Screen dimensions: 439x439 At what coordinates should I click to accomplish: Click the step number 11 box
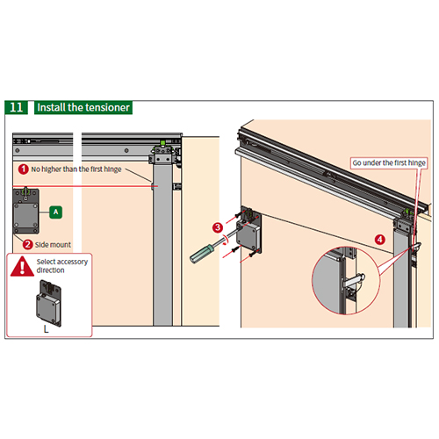(x=17, y=107)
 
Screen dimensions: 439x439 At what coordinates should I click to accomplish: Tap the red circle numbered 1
(x=24, y=169)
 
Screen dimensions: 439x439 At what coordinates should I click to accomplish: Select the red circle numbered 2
(x=28, y=244)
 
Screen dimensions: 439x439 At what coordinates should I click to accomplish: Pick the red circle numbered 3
(x=218, y=227)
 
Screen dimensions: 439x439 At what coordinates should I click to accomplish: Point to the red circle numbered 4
(x=380, y=240)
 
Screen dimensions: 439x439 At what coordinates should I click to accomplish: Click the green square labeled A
(x=56, y=212)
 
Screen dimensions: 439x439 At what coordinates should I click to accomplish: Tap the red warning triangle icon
(x=22, y=266)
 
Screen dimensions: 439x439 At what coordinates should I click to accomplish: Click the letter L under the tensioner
(x=46, y=329)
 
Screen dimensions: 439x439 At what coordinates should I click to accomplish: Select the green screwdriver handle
(x=202, y=254)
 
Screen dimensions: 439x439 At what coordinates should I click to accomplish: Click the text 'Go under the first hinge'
(x=389, y=163)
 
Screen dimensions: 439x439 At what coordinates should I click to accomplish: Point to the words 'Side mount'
(x=53, y=245)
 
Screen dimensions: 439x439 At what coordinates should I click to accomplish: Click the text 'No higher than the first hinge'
(x=76, y=169)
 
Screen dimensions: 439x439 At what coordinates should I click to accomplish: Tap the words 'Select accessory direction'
(x=62, y=266)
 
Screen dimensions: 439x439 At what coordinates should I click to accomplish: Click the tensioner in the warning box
(x=48, y=303)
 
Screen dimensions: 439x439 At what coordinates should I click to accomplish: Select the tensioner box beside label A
(x=25, y=211)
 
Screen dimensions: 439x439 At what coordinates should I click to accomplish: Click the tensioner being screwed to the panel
(x=249, y=230)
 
